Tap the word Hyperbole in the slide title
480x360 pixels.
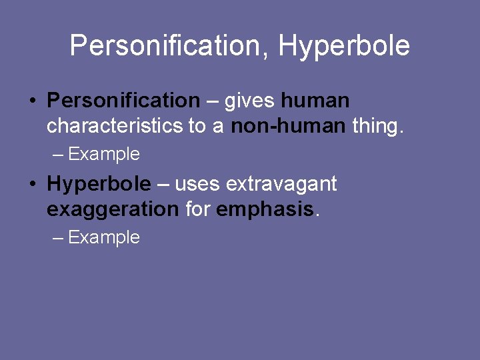pyautogui.click(x=343, y=47)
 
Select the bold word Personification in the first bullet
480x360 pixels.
pyautogui.click(x=123, y=101)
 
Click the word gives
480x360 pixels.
pyautogui.click(x=250, y=101)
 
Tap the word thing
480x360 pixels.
pyautogui.click(x=377, y=126)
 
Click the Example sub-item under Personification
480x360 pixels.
pyautogui.click(x=104, y=155)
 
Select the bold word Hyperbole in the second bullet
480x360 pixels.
pyautogui.click(x=99, y=184)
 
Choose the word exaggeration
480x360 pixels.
pyautogui.click(x=113, y=209)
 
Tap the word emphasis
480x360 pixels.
pyautogui.click(x=265, y=209)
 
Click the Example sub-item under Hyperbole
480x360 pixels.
pyautogui.click(x=104, y=238)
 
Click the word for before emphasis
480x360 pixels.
pyautogui.click(x=198, y=209)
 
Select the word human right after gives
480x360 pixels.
pyautogui.click(x=315, y=101)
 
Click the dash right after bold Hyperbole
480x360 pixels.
pyautogui.click(x=163, y=185)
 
